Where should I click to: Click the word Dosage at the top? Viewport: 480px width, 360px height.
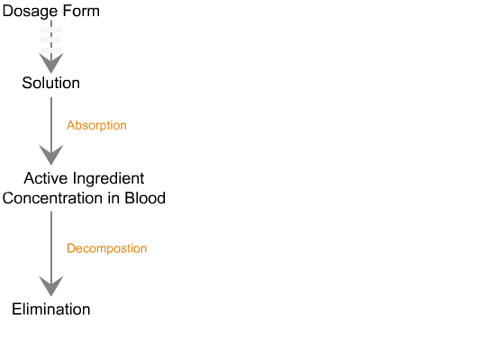coord(31,12)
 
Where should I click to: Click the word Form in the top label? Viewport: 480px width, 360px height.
coord(81,11)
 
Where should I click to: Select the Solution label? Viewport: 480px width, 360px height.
coord(51,83)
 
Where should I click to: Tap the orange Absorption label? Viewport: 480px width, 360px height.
coord(96,125)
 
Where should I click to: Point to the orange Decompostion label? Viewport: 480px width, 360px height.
coord(107,248)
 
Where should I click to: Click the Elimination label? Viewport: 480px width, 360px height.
coord(51,310)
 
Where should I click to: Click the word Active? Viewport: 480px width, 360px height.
coord(46,178)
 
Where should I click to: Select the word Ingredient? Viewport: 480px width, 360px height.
coord(109,179)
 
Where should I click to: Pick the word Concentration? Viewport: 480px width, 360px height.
coord(52,198)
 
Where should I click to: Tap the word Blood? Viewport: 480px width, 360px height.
coord(145,198)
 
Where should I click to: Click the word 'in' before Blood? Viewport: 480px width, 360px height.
coord(113,198)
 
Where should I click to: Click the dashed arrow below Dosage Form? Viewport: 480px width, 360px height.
coord(51,47)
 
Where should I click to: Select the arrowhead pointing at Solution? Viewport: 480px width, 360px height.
coord(51,63)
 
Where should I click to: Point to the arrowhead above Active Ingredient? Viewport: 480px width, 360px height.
coord(51,155)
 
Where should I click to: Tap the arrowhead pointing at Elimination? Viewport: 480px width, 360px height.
coord(51,286)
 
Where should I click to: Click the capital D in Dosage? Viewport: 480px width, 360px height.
coord(7,11)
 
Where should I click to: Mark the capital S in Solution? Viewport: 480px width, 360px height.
coord(27,83)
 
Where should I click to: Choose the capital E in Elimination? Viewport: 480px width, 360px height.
coord(16,310)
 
